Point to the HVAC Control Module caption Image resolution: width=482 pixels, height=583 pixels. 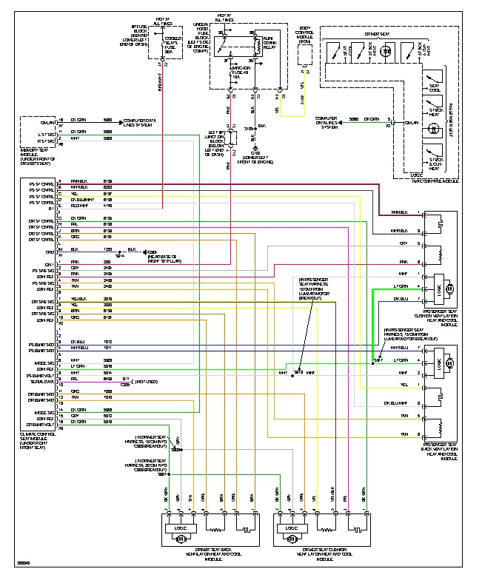coord(432,181)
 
